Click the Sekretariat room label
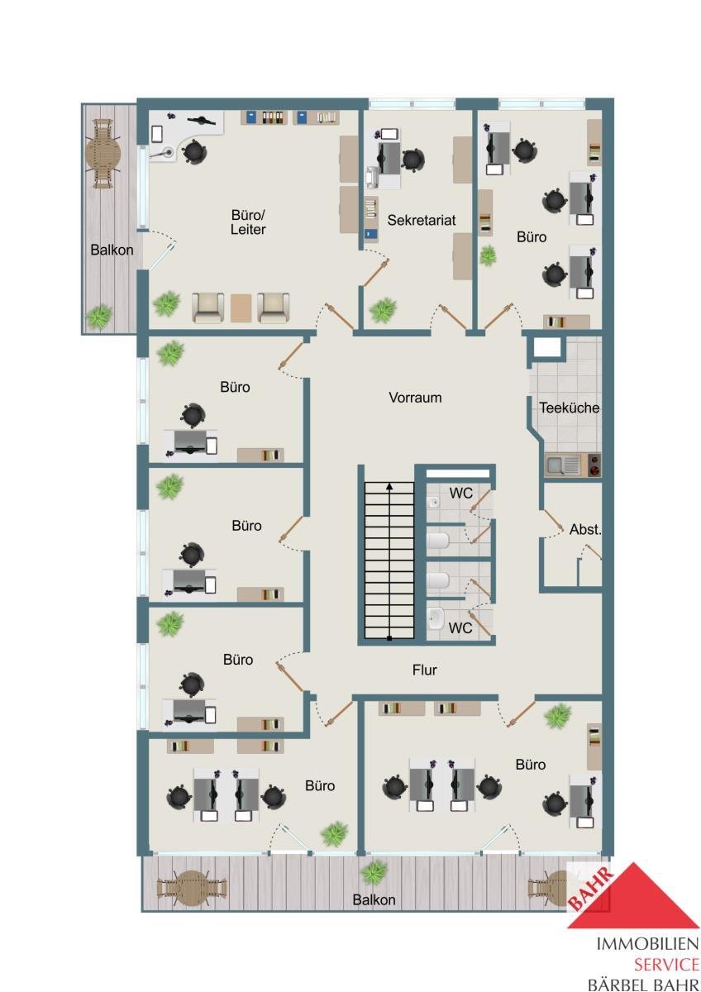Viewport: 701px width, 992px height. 421,220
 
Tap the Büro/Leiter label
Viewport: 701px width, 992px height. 248,222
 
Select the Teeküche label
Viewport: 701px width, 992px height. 569,408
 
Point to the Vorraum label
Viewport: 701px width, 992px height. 415,398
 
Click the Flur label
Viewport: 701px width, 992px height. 424,670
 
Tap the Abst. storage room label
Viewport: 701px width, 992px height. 585,529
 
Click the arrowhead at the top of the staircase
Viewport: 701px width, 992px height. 389,486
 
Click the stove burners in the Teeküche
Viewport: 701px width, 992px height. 594,465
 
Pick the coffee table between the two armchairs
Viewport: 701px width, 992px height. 241,308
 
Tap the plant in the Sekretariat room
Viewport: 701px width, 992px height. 383,310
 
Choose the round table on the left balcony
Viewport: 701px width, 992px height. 103,154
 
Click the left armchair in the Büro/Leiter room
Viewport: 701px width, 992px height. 207,308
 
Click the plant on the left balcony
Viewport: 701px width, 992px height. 98,316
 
